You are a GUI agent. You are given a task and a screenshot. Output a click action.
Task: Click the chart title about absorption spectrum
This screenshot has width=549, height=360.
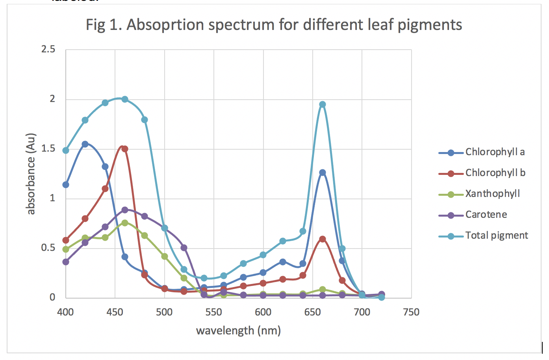pyautogui.click(x=274, y=25)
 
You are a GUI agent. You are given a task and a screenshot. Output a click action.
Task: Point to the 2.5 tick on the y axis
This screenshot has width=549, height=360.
pyautogui.click(x=48, y=50)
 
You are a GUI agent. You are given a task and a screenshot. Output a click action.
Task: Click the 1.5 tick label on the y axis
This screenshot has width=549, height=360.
pyautogui.click(x=48, y=149)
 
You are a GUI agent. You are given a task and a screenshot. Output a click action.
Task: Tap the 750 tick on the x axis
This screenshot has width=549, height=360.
pyautogui.click(x=412, y=312)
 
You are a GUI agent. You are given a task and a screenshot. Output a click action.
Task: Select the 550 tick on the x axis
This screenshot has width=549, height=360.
pyautogui.click(x=214, y=312)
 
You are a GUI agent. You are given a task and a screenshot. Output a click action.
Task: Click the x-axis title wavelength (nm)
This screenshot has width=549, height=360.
pyautogui.click(x=238, y=330)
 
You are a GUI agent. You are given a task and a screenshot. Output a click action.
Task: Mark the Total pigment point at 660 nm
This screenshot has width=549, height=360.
pyautogui.click(x=323, y=104)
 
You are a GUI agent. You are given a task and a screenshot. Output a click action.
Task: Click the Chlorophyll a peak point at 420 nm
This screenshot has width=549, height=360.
pyautogui.click(x=85, y=144)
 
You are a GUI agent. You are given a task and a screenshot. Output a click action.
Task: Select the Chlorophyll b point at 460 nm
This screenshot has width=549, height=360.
pyautogui.click(x=125, y=149)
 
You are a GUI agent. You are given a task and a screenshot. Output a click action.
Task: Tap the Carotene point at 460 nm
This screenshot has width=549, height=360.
pyautogui.click(x=125, y=210)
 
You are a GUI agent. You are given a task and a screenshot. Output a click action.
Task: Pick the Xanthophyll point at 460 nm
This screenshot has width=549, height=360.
pyautogui.click(x=125, y=223)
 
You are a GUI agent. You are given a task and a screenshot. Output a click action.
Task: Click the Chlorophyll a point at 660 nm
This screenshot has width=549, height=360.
pyautogui.click(x=323, y=173)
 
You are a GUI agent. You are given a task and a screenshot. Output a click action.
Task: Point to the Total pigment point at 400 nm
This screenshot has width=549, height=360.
pyautogui.click(x=66, y=150)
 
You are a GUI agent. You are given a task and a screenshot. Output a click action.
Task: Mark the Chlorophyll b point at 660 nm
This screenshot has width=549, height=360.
pyautogui.click(x=323, y=239)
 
